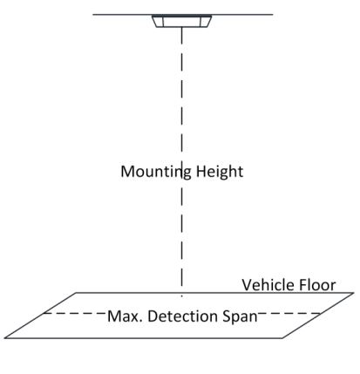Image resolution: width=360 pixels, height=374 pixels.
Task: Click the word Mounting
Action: pos(156,172)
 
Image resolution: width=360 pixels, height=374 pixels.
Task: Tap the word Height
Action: pos(220,172)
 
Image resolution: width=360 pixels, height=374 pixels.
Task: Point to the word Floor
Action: pos(314,285)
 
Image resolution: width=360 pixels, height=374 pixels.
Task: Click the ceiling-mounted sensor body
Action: pos(182,21)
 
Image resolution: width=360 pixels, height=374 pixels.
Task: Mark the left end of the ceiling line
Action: pos(93,14)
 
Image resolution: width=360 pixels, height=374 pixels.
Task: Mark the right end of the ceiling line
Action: pos(273,14)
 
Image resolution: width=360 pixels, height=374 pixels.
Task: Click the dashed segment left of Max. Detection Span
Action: pos(75,313)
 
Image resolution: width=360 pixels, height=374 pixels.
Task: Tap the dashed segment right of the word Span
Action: pos(289,314)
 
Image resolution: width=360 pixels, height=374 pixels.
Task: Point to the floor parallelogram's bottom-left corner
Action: pos(4,338)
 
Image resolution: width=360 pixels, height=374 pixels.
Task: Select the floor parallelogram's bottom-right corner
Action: pos(282,338)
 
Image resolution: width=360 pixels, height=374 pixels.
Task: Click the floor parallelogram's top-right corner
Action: pos(354,293)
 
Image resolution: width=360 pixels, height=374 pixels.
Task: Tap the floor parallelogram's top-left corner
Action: pos(76,293)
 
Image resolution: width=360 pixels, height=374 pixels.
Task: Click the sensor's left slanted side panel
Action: pos(158,22)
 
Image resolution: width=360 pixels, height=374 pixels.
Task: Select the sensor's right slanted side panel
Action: pos(206,22)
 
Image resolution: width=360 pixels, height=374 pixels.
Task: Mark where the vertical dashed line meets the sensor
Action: pos(182,27)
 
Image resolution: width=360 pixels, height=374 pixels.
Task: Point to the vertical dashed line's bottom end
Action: pos(182,296)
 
